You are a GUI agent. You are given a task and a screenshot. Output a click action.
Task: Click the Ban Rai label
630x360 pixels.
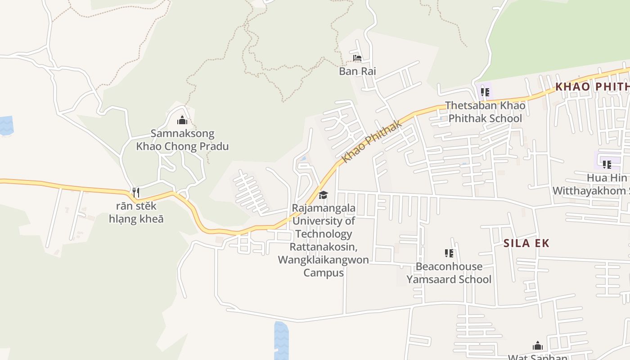tap(357, 71)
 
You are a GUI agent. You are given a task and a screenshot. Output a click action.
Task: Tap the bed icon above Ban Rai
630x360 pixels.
tap(357, 58)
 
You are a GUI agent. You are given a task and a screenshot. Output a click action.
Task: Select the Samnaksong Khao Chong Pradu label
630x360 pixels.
tap(182, 140)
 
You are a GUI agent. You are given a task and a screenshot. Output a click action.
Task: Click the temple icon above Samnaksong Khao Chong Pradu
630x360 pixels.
tap(182, 120)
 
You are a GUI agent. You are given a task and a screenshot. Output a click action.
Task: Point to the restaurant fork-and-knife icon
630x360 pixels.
tap(135, 193)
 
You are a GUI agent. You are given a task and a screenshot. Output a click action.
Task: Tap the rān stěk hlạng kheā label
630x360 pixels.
tap(136, 212)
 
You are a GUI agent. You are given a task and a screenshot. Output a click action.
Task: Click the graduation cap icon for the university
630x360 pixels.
tap(323, 195)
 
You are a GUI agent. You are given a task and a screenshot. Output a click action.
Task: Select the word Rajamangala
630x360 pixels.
tap(324, 208)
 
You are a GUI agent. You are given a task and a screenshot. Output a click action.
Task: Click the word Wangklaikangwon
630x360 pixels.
tap(324, 260)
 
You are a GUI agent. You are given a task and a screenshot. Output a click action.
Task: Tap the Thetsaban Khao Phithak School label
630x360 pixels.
tap(485, 112)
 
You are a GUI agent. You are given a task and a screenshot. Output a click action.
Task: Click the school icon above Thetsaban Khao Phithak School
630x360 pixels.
tap(485, 92)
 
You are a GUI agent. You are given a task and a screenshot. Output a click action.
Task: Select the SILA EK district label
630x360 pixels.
tap(526, 243)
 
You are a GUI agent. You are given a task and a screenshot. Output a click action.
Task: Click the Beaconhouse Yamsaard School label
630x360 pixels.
tap(449, 273)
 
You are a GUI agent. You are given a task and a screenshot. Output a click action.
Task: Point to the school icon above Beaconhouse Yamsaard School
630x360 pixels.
tap(449, 253)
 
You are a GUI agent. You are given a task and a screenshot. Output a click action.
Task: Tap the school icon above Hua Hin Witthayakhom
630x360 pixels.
tap(607, 165)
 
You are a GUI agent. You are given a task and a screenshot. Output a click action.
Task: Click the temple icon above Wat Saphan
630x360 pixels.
tap(537, 346)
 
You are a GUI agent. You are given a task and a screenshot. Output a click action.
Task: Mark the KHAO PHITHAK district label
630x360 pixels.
tap(592, 86)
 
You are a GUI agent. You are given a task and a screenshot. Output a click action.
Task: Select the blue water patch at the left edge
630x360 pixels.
tap(6, 126)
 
